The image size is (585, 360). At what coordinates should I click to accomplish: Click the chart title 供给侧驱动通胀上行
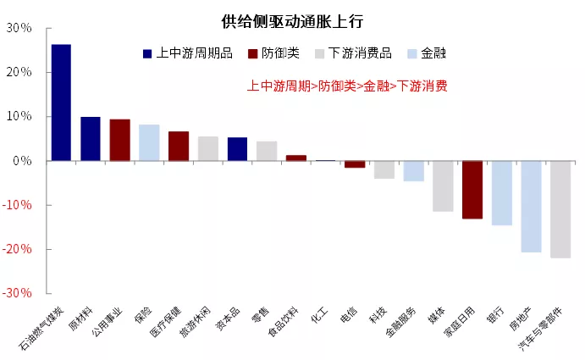tap(292, 19)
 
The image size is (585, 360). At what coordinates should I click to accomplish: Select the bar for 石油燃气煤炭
tap(61, 102)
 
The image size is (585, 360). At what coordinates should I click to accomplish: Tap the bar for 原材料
tap(91, 139)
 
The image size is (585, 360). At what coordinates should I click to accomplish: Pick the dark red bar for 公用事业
tap(120, 140)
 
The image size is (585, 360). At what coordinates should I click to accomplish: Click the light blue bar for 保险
tap(149, 142)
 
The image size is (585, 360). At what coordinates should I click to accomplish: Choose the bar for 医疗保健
tap(179, 146)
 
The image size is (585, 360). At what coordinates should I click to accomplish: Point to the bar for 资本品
tap(237, 149)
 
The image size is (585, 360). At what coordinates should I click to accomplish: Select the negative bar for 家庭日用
tap(472, 190)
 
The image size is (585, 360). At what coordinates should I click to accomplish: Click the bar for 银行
tap(502, 193)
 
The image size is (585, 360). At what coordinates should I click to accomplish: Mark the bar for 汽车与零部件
tap(560, 209)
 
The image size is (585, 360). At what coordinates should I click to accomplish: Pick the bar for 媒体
tap(443, 186)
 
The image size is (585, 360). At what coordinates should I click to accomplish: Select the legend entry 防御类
tap(275, 53)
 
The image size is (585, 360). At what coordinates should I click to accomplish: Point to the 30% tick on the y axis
tap(19, 28)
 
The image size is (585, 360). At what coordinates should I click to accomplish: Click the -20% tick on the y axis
tap(19, 249)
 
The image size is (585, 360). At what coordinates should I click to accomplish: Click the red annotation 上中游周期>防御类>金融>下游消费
tap(347, 86)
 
